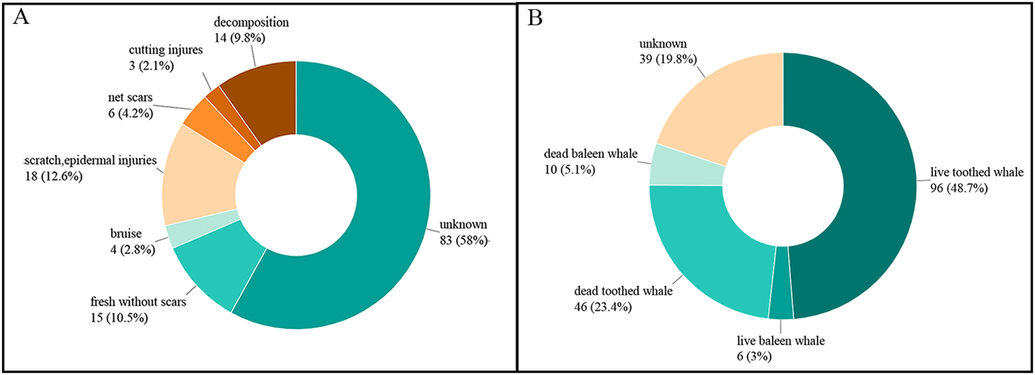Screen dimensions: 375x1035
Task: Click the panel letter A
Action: pos(21,17)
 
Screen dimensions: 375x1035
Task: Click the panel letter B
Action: pos(535,18)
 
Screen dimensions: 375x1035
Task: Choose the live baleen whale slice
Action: pos(781,282)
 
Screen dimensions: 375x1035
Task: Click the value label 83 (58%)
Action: pos(463,240)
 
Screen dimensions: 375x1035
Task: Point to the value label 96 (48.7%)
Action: pos(959,188)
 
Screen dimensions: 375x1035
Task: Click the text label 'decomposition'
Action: pos(251,23)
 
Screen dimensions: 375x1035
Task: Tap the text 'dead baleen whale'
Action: pos(590,154)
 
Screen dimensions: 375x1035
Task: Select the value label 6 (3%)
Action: pos(754,357)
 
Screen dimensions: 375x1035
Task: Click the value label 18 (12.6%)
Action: pos(53,177)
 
